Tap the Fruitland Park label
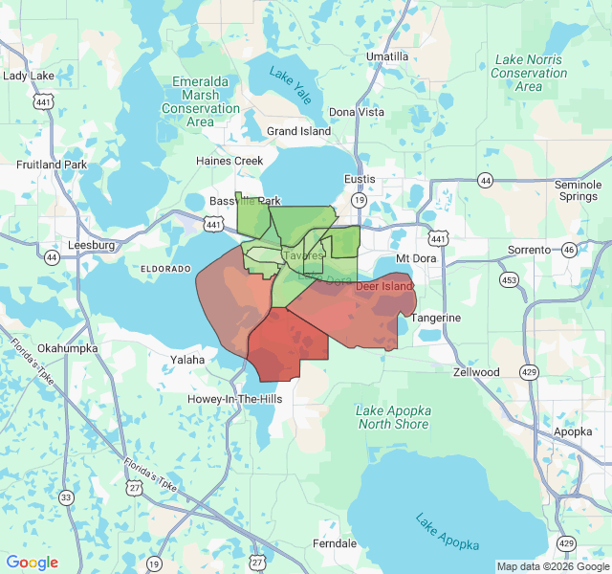[52, 165]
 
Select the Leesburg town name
[92, 245]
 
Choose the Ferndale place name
[335, 543]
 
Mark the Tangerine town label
[436, 318]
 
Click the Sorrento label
[530, 250]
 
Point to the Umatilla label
[386, 56]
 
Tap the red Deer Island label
[383, 286]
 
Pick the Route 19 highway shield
[359, 199]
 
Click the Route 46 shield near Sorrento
[570, 250]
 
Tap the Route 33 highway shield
[66, 497]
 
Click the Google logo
[32, 563]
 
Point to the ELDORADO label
[166, 270]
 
